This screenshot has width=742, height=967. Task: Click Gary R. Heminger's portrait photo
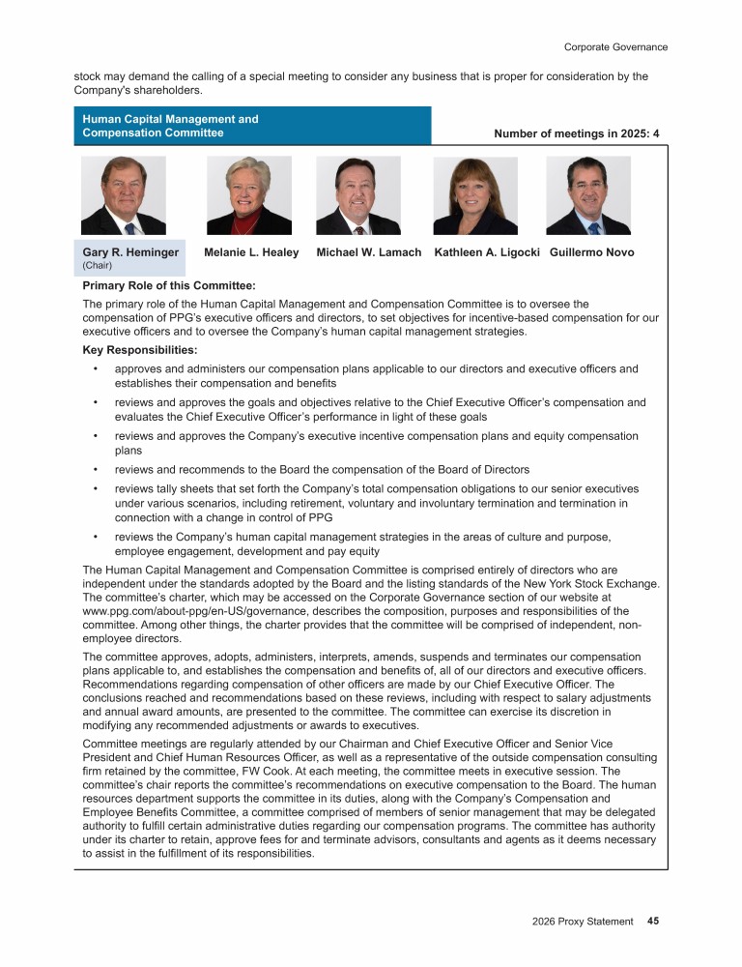click(x=123, y=196)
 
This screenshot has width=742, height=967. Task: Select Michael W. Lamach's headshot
click(x=358, y=196)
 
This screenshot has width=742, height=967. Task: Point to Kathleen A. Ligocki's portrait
click(x=475, y=196)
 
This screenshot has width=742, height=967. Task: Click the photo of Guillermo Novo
click(x=588, y=196)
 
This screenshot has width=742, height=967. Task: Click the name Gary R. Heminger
click(x=130, y=252)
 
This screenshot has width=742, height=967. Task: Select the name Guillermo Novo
click(x=591, y=252)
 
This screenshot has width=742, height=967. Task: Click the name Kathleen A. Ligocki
click(x=488, y=252)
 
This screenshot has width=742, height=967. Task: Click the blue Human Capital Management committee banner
click(x=252, y=126)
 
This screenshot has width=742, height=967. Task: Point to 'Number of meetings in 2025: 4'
click(x=576, y=133)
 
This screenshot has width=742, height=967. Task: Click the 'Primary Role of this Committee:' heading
click(x=169, y=286)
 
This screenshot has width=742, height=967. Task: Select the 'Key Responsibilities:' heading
click(x=140, y=350)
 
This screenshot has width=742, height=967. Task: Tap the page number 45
click(x=653, y=922)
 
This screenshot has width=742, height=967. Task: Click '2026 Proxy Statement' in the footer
click(x=583, y=922)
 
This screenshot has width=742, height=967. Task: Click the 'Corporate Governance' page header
click(x=615, y=46)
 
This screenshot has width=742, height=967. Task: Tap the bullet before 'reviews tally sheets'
click(x=96, y=489)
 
